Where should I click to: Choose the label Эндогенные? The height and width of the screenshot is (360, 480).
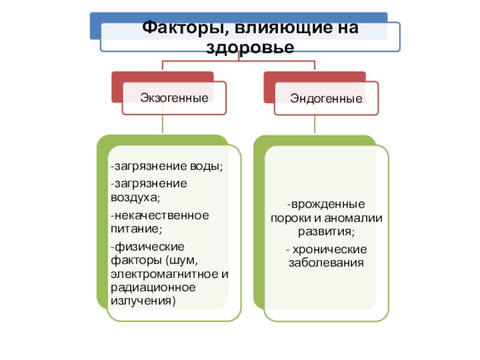click(326, 97)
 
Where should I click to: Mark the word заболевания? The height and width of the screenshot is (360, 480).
click(326, 262)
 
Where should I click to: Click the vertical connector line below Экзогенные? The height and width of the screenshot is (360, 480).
click(163, 124)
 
